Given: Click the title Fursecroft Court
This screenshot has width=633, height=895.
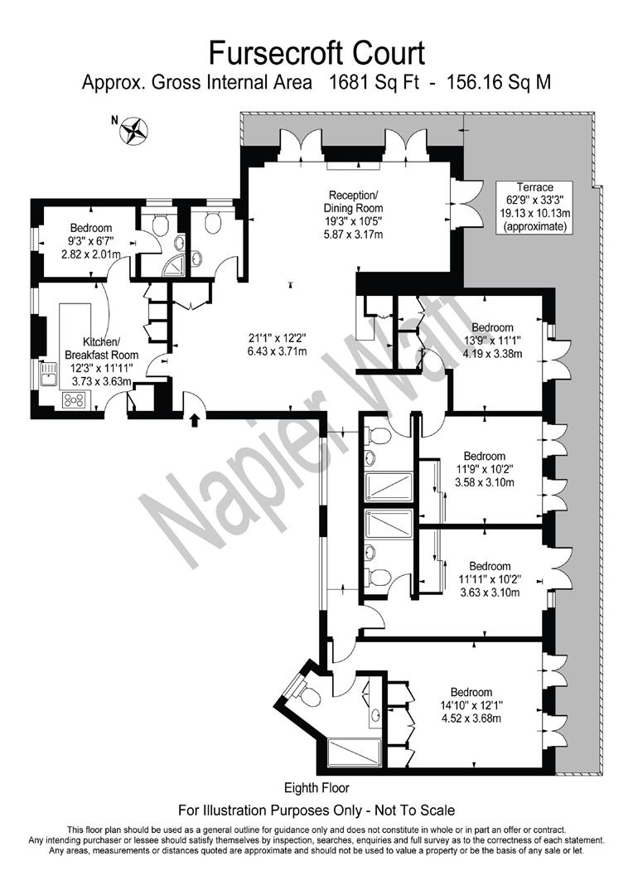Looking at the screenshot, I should (316, 53).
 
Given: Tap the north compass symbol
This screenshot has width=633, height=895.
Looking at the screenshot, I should (133, 129).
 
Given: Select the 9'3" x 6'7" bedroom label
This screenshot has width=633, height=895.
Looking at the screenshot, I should (91, 240).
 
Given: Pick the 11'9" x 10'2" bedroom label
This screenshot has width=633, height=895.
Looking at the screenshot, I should (484, 468).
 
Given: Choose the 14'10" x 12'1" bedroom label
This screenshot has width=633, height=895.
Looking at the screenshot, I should (471, 704).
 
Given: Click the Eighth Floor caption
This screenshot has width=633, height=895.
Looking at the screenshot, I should (316, 788).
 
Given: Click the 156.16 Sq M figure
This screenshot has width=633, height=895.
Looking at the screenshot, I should (499, 83).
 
